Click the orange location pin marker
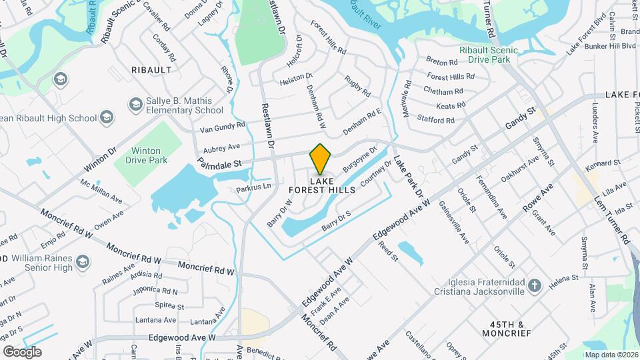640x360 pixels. point(321,159)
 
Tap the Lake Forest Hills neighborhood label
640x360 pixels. point(322,185)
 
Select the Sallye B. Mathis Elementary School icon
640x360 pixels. point(136,105)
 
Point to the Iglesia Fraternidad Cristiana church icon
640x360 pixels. point(534,286)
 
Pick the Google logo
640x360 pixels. point(23,351)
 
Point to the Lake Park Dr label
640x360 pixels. point(408,177)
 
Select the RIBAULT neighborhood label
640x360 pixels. point(151,69)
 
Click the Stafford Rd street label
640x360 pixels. point(436,121)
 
